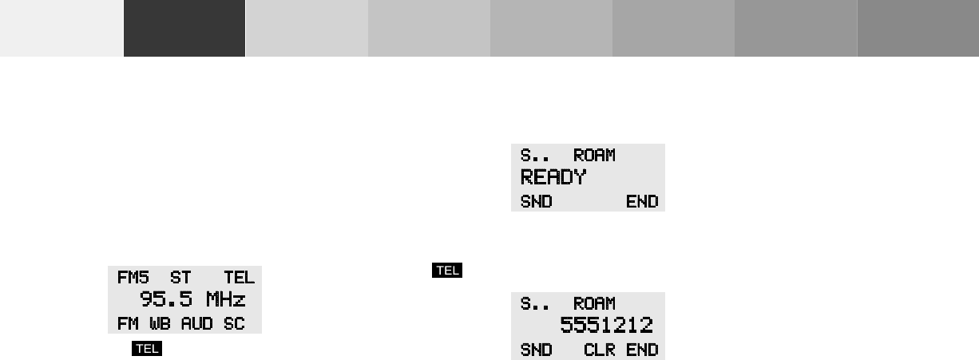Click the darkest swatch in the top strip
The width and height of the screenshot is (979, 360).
tap(184, 28)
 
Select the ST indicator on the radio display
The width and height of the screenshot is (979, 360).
tap(180, 278)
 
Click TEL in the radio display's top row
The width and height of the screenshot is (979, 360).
tap(239, 278)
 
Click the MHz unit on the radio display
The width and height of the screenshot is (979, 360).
tap(225, 300)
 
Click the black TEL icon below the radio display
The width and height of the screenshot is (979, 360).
tap(149, 348)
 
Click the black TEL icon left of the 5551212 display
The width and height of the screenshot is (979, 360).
tap(447, 271)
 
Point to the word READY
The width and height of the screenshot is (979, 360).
tap(553, 177)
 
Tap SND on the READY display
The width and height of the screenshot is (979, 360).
tap(537, 201)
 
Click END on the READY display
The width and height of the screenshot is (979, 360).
tap(642, 201)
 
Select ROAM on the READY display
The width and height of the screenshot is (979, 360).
tap(594, 155)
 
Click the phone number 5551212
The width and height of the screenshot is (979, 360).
tap(606, 326)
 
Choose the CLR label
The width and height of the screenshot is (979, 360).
tap(600, 350)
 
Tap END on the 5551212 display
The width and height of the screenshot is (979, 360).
tap(642, 350)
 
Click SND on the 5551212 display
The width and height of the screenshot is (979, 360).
tap(537, 350)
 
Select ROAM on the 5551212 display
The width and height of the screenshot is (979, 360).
tap(594, 303)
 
